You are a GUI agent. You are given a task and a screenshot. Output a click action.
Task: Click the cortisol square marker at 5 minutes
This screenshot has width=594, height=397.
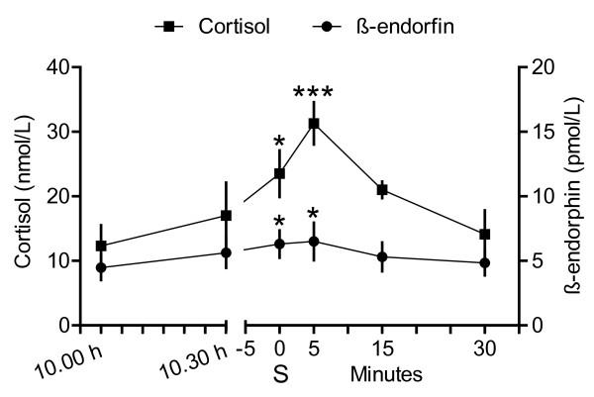point(314,124)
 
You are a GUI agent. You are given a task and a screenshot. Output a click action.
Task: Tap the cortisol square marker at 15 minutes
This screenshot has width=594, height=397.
point(382,189)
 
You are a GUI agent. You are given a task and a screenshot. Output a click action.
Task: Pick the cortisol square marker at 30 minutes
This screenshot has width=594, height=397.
point(485,235)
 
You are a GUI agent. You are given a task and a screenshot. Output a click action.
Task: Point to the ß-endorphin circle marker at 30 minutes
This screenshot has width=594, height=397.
point(485,262)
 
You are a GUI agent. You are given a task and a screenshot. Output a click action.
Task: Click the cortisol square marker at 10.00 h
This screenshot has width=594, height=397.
point(101,246)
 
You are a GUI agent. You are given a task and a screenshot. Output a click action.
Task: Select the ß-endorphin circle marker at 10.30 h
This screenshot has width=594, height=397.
point(227,252)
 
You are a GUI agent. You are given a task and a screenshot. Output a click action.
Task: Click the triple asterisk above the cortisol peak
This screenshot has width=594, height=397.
point(314,95)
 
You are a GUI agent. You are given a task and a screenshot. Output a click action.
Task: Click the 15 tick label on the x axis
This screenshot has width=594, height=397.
point(382,347)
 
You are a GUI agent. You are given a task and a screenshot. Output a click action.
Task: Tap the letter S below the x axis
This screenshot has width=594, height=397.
point(280,375)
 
